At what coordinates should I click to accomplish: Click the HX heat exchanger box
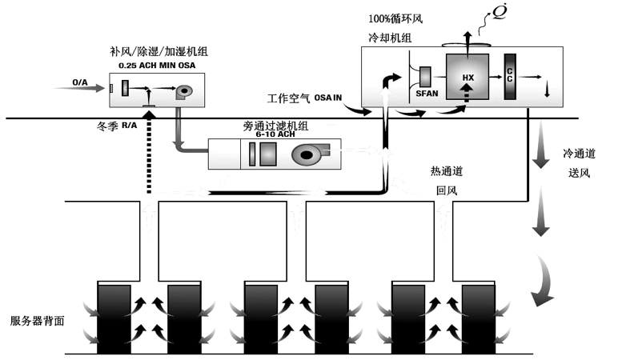tap(468, 77)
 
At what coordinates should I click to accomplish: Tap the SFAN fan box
tap(425, 80)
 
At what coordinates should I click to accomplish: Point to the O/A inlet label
tap(80, 82)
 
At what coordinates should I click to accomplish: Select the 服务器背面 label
tap(37, 320)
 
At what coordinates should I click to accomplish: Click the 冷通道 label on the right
tap(580, 153)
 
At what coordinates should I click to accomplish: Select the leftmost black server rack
tap(112, 317)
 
